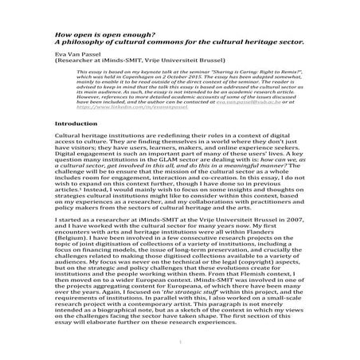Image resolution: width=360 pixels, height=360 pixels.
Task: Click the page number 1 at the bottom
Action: pos(180,344)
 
